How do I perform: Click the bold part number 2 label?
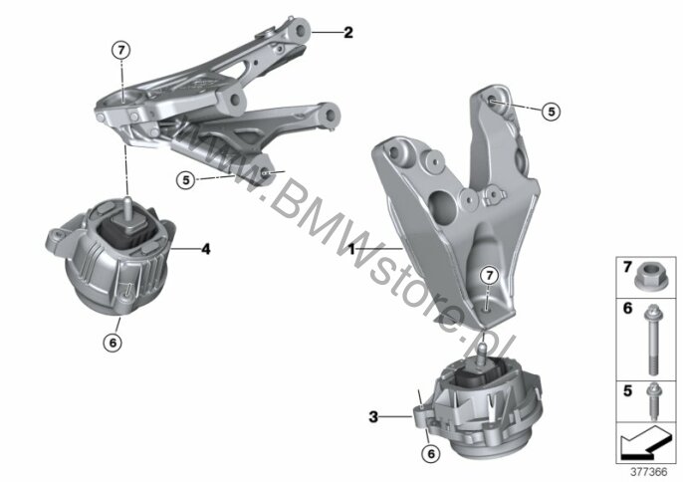pyautogui.click(x=348, y=32)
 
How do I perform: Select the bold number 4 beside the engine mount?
pyautogui.click(x=205, y=249)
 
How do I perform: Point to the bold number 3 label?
pyautogui.click(x=373, y=417)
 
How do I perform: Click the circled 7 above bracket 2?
pyautogui.click(x=121, y=51)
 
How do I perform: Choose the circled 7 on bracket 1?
pyautogui.click(x=489, y=276)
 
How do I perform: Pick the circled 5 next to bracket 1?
pyautogui.click(x=552, y=112)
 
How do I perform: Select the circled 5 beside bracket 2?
pyautogui.click(x=186, y=179)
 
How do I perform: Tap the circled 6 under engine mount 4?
pyautogui.click(x=113, y=343)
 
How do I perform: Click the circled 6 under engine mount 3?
pyautogui.click(x=431, y=454)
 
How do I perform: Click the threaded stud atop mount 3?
pyautogui.click(x=482, y=353)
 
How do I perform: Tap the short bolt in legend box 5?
pyautogui.click(x=652, y=400)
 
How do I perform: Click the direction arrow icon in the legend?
pyautogui.click(x=645, y=442)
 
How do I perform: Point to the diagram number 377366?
pyautogui.click(x=649, y=472)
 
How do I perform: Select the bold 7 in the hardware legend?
pyautogui.click(x=627, y=267)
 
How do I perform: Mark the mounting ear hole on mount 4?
pyautogui.click(x=56, y=236)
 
